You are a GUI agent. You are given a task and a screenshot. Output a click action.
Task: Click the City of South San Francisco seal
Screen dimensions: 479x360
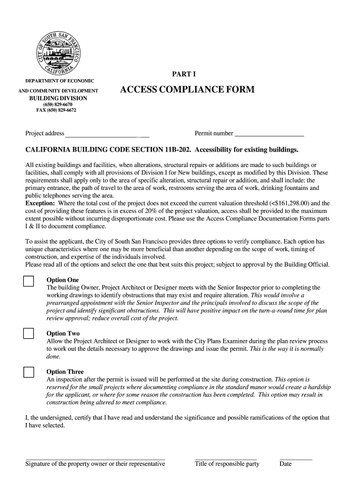coord(59,51)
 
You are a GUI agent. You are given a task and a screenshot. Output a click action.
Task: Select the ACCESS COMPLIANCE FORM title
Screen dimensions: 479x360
coord(187,89)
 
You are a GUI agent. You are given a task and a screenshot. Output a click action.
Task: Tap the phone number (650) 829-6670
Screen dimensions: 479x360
coord(58,104)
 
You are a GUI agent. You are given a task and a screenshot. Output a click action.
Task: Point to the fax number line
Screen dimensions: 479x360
coord(56,110)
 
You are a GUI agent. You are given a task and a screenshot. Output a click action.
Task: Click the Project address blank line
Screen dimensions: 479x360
coord(107,136)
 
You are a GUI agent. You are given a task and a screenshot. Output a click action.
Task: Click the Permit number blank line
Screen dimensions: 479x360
coord(269,136)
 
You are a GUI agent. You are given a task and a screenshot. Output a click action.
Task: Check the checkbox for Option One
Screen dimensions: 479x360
coord(29,281)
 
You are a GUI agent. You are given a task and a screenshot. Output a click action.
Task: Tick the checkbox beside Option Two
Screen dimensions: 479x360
coord(29,334)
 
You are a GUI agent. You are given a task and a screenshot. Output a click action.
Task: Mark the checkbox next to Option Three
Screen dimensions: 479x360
coord(29,372)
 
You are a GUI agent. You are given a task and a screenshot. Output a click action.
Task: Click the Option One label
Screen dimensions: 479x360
coord(63,280)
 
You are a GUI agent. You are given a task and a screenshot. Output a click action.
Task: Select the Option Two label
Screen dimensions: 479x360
coord(63,334)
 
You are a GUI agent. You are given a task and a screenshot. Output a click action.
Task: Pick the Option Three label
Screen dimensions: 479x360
coord(65,372)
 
